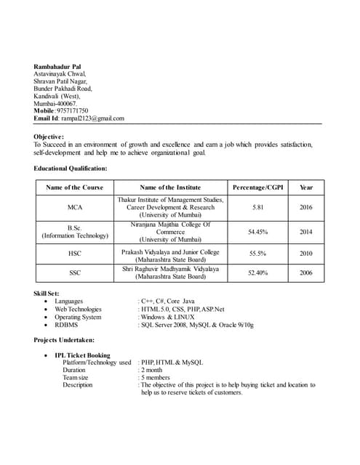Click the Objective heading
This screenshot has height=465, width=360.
point(49,137)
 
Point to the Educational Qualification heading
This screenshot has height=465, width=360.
point(71,169)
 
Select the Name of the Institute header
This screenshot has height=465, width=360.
point(170,187)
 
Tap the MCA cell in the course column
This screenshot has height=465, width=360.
point(75,208)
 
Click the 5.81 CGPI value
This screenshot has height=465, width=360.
point(258,208)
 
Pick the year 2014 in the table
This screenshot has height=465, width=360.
point(306,232)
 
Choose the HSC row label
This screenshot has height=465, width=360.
point(75,254)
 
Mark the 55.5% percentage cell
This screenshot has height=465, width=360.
point(258,254)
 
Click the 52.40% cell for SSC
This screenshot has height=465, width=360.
point(258,273)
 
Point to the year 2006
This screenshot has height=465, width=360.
point(306,273)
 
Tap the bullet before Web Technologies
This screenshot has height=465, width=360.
point(47,310)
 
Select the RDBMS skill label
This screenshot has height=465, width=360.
point(66,325)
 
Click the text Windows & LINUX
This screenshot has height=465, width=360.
point(168,318)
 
